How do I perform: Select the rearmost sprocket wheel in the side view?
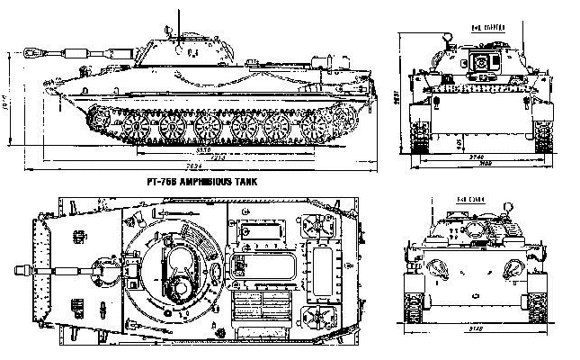coord(342,123)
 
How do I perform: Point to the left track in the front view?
coord(421,135)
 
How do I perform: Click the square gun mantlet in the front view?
coord(482,62)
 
